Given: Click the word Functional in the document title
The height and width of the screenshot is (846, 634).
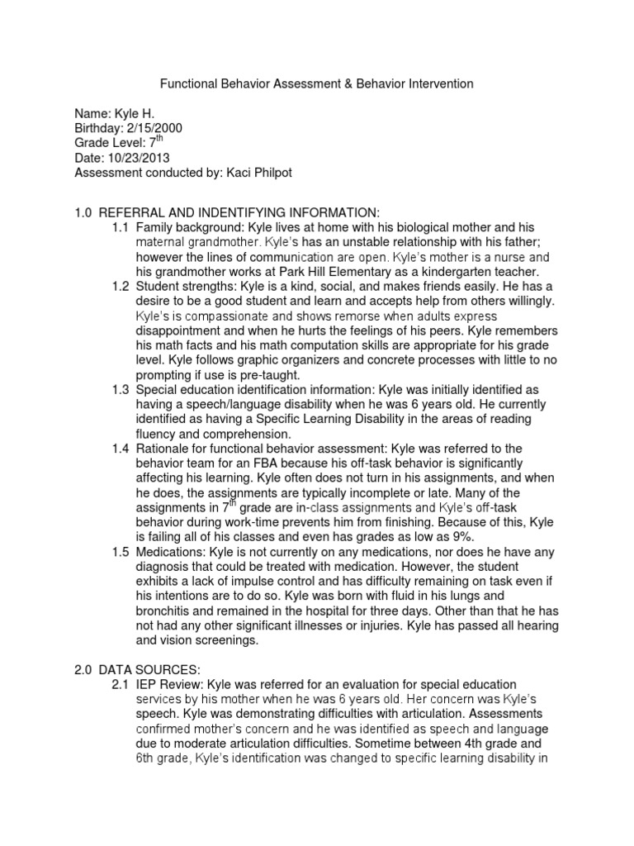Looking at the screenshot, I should (x=186, y=83).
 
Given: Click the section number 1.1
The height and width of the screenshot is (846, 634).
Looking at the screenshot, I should (x=122, y=226).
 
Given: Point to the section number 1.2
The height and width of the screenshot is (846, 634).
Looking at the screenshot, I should (x=122, y=286).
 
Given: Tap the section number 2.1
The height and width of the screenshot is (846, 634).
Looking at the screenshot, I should (x=122, y=685).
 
